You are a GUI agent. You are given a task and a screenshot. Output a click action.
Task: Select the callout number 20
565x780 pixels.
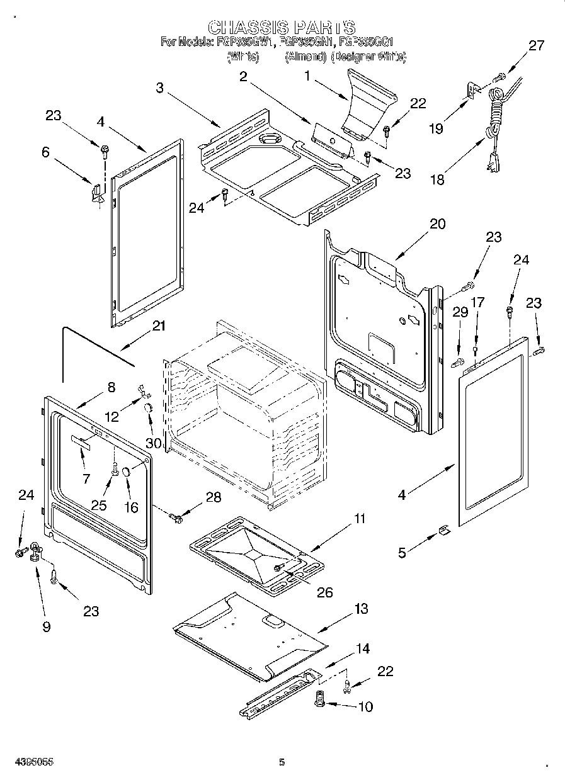[437, 223]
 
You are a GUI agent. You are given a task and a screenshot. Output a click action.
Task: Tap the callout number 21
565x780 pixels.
[159, 325]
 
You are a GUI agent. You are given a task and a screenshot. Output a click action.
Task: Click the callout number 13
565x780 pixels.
[361, 609]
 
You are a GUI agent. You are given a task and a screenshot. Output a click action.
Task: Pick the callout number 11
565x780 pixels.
[359, 519]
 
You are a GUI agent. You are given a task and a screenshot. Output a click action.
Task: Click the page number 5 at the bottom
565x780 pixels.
[282, 762]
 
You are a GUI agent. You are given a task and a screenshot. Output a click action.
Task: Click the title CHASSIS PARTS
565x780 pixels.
[282, 27]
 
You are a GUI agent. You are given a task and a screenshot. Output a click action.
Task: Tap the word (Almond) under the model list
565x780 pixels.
[305, 57]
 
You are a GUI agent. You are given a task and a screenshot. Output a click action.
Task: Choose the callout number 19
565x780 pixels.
[436, 128]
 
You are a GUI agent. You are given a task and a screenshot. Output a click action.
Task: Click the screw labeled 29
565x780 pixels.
[458, 361]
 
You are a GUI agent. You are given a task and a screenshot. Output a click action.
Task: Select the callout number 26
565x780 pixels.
[325, 592]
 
